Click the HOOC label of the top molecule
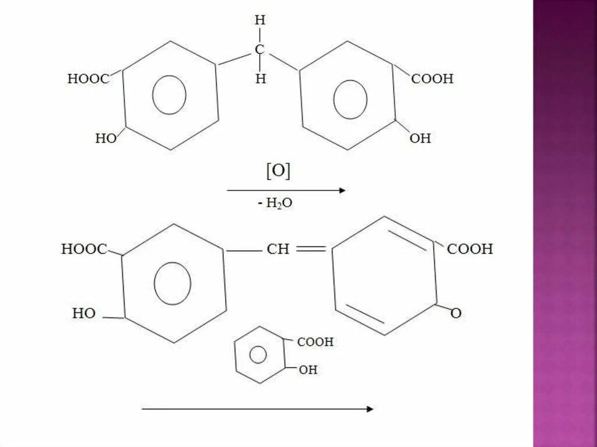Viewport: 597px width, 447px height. [x=88, y=79]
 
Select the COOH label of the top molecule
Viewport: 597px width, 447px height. [x=432, y=79]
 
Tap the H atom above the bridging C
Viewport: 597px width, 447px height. [x=260, y=20]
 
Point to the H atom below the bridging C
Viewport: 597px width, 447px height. [x=260, y=79]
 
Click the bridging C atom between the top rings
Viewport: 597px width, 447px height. [x=260, y=50]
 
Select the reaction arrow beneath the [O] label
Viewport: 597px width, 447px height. [x=286, y=190]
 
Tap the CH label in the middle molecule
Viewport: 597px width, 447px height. [x=278, y=249]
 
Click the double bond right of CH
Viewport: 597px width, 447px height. [x=311, y=249]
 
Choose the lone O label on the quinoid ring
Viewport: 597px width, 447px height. [x=456, y=314]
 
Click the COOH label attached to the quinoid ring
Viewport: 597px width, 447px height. [x=470, y=249]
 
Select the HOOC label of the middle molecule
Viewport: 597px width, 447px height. [x=84, y=249]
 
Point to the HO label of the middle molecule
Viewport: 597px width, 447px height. [x=84, y=314]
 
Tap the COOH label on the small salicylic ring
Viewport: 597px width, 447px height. [x=315, y=342]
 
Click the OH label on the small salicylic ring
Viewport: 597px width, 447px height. [x=308, y=369]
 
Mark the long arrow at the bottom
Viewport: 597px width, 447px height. [x=257, y=409]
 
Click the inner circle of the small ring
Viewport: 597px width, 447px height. [x=258, y=354]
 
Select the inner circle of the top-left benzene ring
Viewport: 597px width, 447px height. [x=169, y=94]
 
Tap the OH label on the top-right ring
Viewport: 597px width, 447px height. [x=420, y=138]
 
